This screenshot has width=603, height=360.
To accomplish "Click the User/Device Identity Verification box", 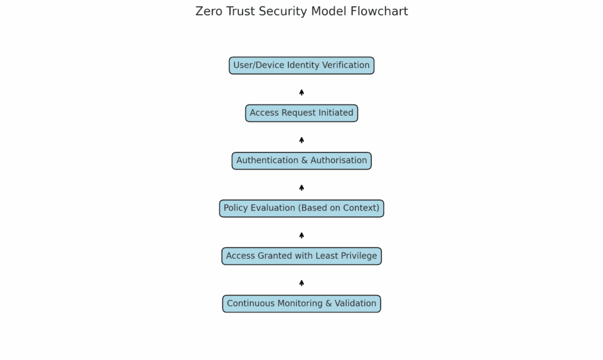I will point(301,65).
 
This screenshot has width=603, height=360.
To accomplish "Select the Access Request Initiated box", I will point(301,113).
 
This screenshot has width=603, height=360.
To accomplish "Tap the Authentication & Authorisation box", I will point(301,160).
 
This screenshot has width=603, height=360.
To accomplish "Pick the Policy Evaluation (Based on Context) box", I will point(301,208).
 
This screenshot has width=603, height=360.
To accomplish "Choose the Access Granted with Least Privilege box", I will point(301,256).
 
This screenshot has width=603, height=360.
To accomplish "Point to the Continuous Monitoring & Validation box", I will point(301,303).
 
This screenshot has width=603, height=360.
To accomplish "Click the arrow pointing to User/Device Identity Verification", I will point(301,92).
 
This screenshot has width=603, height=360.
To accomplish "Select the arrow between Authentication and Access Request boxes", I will point(301,140).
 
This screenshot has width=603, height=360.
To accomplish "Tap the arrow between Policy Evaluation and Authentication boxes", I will point(301,187).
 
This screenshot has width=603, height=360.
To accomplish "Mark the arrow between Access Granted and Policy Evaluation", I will point(301,235).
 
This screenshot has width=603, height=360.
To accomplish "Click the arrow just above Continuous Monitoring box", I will point(301,283).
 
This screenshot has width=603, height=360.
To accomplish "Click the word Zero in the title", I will point(208,11).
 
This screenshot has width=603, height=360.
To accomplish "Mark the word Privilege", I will point(357,256).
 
